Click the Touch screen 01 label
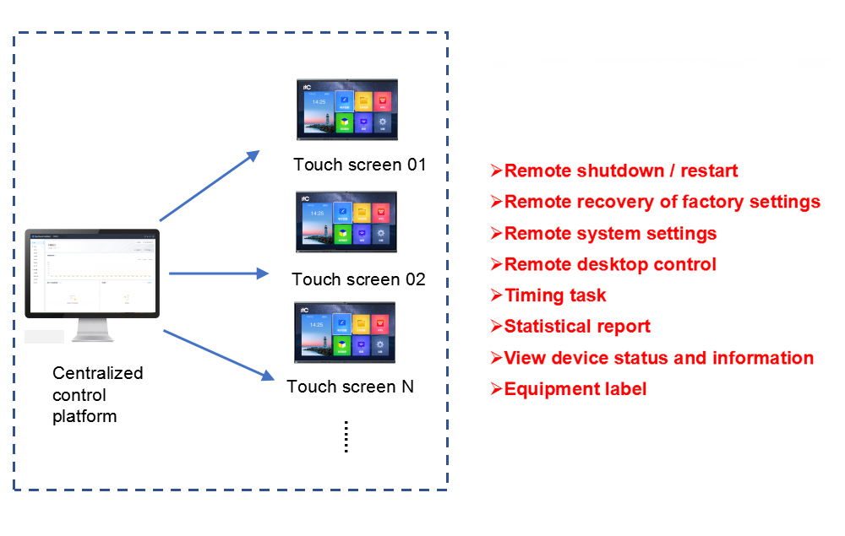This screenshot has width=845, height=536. click(360, 165)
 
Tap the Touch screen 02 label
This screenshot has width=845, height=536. click(358, 279)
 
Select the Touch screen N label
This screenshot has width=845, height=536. click(350, 387)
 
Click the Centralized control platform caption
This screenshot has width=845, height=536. click(97, 394)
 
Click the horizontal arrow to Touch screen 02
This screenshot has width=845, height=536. click(218, 273)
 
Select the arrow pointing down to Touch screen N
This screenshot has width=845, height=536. click(218, 355)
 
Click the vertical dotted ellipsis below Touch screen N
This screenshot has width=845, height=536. click(346, 436)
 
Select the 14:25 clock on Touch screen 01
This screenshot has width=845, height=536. click(318, 102)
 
